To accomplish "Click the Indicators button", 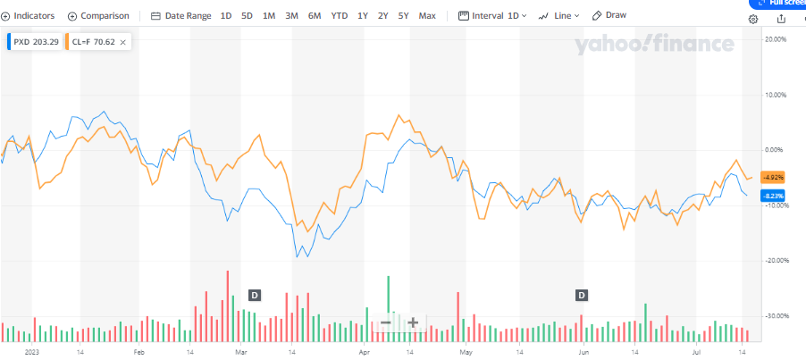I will (28, 16).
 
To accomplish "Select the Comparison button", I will (98, 16).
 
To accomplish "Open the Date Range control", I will (181, 16).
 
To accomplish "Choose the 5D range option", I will (247, 16).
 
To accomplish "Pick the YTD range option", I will (340, 16).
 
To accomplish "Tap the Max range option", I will (427, 16).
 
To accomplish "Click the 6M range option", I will (315, 16).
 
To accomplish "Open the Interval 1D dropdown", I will (491, 16).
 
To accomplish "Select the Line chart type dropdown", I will (559, 16).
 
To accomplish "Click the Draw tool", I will (609, 16).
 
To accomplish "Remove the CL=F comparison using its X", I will (122, 41).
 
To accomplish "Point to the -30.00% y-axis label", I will (771, 315).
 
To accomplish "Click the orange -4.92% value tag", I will (771, 177).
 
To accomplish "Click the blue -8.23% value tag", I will (771, 196).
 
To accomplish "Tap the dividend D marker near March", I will (254, 295).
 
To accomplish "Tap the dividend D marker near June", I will (582, 295).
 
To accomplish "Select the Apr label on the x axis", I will (364, 353).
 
